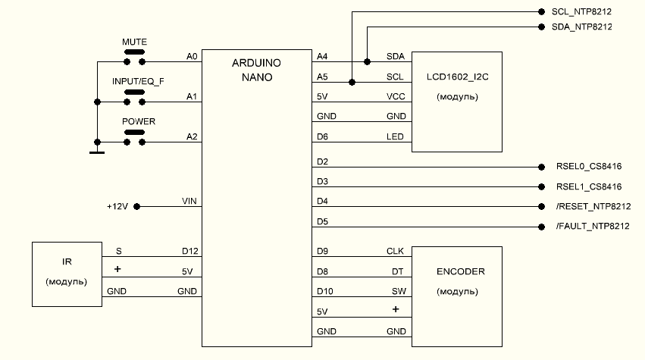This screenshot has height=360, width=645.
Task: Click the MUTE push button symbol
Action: coord(134,55)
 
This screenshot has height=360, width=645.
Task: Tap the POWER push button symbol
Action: coord(134,134)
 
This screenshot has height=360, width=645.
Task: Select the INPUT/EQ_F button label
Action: coord(138,80)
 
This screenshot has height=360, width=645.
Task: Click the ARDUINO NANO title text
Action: coord(257,70)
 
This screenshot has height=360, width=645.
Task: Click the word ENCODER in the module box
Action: coord(460,271)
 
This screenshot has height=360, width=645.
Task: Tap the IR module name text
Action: coord(67,262)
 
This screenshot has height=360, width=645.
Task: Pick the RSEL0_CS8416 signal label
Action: coord(588,167)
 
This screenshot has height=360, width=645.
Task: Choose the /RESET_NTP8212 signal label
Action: coord(593,206)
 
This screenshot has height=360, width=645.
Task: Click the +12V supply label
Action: coord(120,206)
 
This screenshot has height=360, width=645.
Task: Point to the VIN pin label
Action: coord(189,201)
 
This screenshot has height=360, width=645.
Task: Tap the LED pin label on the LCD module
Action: coord(396,136)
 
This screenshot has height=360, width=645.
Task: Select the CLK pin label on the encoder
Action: coord(396,250)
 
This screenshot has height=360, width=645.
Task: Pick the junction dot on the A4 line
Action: coord(367,61)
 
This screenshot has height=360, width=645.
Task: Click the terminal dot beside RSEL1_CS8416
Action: coord(541,186)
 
